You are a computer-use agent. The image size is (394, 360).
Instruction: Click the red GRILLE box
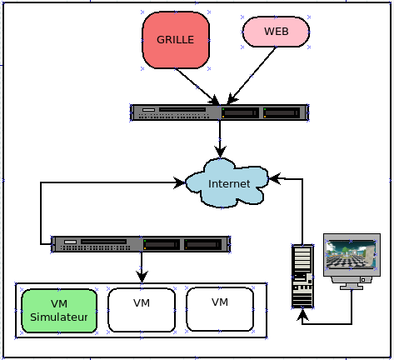coord(176,40)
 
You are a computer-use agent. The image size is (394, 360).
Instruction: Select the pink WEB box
coord(276,32)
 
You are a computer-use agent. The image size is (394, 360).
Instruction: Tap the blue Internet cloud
coord(227,183)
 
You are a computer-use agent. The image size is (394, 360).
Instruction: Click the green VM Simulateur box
coord(59,311)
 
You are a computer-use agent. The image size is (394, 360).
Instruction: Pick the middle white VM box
coord(142,310)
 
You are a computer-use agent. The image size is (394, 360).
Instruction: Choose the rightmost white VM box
coord(220,309)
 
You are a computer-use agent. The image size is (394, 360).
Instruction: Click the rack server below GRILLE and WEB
coord(220,112)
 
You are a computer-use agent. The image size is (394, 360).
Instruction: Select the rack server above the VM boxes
coord(141,244)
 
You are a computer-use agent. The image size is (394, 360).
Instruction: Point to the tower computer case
coord(302,276)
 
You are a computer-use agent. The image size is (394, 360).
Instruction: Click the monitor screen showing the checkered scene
coord(352,254)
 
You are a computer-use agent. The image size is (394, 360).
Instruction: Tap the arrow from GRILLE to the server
coord(197,87)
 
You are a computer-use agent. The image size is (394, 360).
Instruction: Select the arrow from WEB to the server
coord(252,76)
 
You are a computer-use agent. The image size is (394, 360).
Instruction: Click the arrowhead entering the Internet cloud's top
coord(220,152)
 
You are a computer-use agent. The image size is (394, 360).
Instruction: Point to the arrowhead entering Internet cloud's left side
coord(179,182)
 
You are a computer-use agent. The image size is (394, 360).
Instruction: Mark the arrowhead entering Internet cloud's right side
coord(275,179)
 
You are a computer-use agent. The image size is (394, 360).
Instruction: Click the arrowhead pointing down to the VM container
coord(142,277)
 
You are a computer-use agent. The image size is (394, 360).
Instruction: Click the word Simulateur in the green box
coord(59,317)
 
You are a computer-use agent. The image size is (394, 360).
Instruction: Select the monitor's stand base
coord(352,287)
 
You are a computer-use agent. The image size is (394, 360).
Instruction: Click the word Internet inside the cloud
coord(229,184)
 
